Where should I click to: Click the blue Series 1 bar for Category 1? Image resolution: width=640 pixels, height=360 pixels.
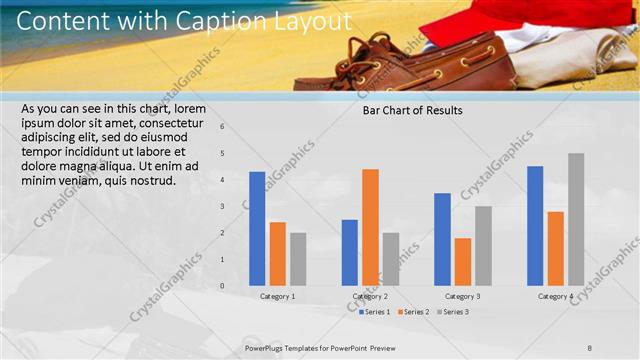pos(257,229)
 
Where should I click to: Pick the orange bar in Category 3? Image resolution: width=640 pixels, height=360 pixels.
pos(462,262)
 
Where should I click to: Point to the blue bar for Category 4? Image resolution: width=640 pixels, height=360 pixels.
pos(535,226)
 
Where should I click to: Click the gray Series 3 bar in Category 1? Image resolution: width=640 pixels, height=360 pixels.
pos(298,259)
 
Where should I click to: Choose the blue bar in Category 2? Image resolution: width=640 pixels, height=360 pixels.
pos(349,252)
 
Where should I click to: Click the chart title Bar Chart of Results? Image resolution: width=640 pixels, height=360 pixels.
pos(412,111)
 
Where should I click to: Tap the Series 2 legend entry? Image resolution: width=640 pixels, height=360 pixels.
pos(412,312)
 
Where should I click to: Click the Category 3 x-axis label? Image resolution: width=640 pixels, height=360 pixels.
pos(462,297)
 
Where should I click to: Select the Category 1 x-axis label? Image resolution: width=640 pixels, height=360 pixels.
pos(277,297)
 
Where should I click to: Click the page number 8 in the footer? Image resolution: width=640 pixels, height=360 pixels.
pos(590,347)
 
